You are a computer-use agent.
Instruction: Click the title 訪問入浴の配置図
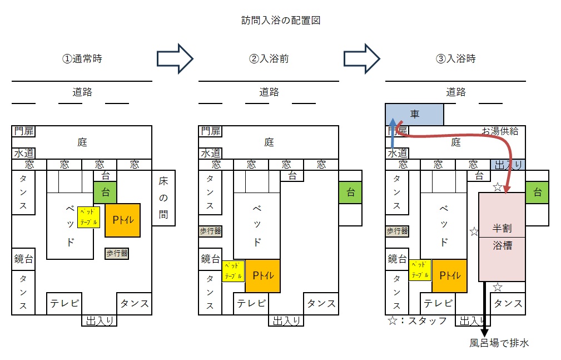pyautogui.click(x=281, y=21)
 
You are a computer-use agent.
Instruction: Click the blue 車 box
pyautogui.click(x=414, y=114)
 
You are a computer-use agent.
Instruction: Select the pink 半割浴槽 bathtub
pyautogui.click(x=502, y=236)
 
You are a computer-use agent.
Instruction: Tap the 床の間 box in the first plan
pyautogui.click(x=163, y=198)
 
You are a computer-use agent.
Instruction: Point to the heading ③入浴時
pyautogui.click(x=455, y=58)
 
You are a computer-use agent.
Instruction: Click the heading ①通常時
pyautogui.click(x=82, y=58)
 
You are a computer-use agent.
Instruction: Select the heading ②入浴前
pyautogui.click(x=269, y=58)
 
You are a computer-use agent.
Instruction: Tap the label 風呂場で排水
pyautogui.click(x=499, y=343)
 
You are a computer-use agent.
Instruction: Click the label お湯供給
pyautogui.click(x=500, y=131)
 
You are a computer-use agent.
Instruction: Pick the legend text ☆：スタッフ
pyautogui.click(x=418, y=321)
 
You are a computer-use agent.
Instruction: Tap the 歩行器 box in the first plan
pyautogui.click(x=117, y=253)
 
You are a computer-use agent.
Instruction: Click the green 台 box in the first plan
pyautogui.click(x=105, y=193)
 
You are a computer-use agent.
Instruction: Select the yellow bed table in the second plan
pyautogui.click(x=233, y=270)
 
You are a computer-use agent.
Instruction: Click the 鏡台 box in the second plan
pyautogui.click(x=210, y=259)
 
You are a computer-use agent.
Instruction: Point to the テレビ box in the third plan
pyautogui.click(x=438, y=303)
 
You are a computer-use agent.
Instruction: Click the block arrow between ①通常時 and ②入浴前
pyautogui.click(x=175, y=58)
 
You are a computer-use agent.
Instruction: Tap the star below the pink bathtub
pyautogui.click(x=498, y=287)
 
